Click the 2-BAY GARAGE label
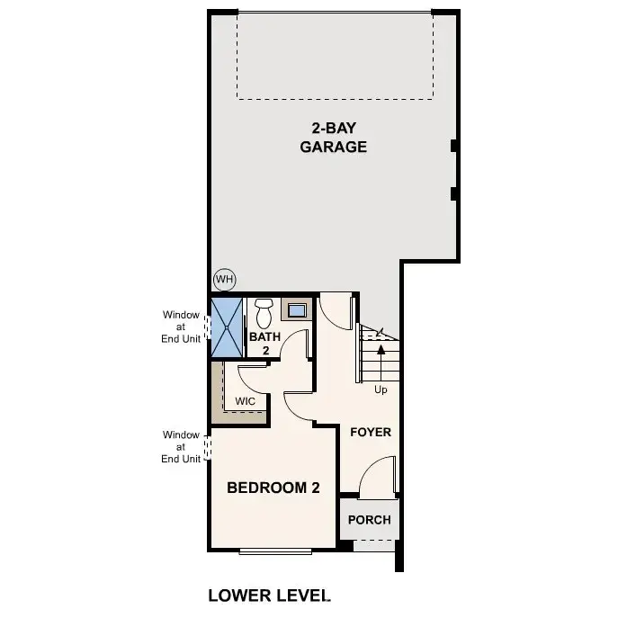(333, 137)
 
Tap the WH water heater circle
(224, 280)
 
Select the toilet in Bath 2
(264, 314)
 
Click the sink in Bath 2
(296, 311)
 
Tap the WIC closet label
(245, 401)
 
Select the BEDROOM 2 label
(273, 488)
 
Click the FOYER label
(371, 433)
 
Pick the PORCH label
(370, 520)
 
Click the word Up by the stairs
(381, 390)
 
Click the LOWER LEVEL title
(269, 595)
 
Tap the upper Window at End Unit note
(181, 327)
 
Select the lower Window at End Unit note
(181, 446)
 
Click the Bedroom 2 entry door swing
(299, 407)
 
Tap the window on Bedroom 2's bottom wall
(277, 551)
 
